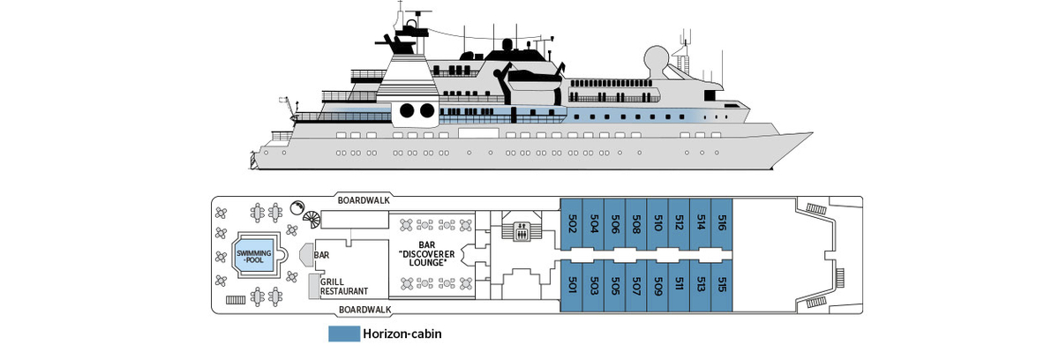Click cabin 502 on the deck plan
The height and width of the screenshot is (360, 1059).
click(x=571, y=223)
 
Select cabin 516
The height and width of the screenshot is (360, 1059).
click(x=722, y=223)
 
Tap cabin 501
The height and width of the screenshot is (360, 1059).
click(x=571, y=286)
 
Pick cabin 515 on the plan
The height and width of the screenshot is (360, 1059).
click(x=722, y=286)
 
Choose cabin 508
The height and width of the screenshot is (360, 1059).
click(x=636, y=223)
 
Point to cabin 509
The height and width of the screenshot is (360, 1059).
click(x=657, y=286)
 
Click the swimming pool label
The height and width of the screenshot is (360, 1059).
click(x=254, y=257)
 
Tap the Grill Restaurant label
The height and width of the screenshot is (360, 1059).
click(x=343, y=287)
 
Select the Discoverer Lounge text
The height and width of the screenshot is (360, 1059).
click(x=427, y=259)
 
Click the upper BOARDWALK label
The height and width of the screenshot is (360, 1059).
click(x=364, y=200)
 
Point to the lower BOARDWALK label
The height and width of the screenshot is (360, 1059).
click(x=365, y=310)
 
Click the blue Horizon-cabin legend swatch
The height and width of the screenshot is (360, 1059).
click(x=344, y=334)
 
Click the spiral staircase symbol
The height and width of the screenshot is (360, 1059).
click(x=312, y=221)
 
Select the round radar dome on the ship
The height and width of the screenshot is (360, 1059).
click(x=657, y=58)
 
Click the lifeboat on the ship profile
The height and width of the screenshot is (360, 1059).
click(x=534, y=77)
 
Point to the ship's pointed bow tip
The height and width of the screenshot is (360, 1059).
click(x=813, y=133)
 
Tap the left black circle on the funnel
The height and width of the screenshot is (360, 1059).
click(x=407, y=111)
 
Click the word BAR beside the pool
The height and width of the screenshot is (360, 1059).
click(x=321, y=255)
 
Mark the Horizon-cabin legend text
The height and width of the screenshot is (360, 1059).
click(x=402, y=334)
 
